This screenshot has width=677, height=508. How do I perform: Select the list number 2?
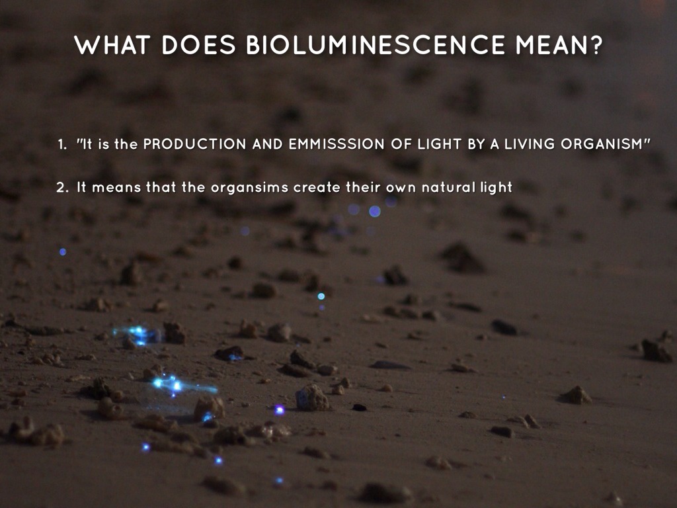61,188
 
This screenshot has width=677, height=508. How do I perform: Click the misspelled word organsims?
249,188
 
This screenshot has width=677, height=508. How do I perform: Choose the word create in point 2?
317,188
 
